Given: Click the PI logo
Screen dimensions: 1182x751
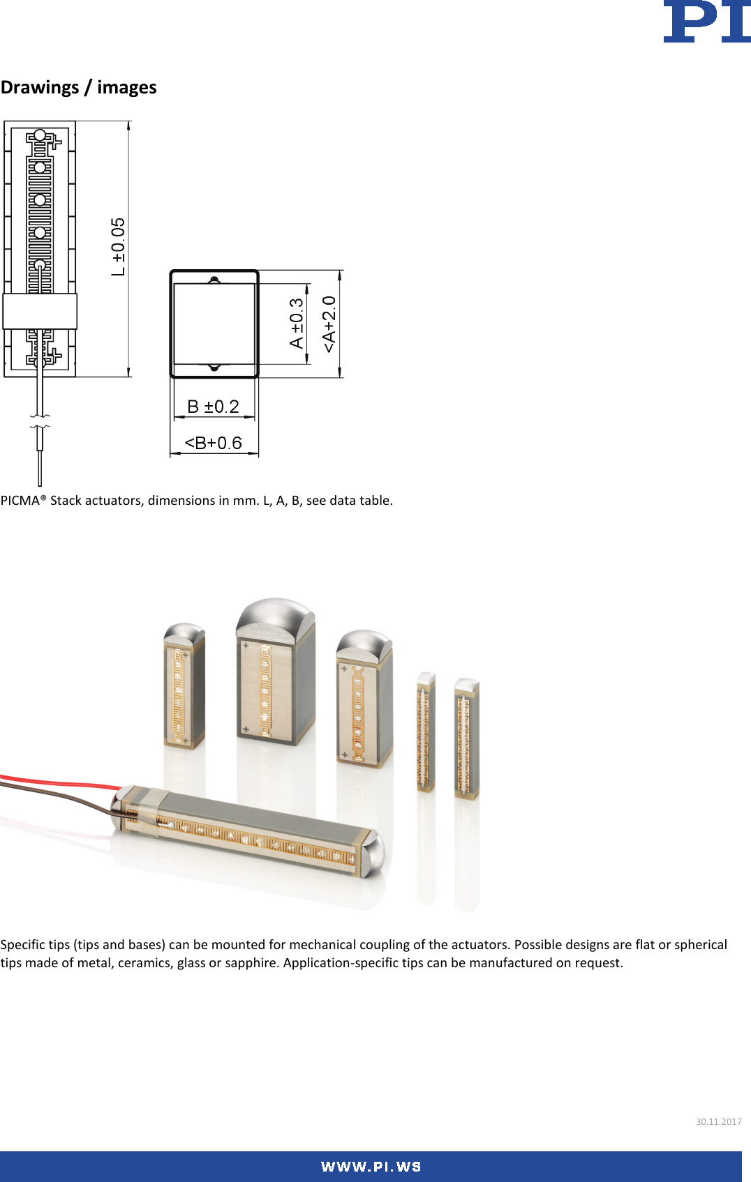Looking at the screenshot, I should pyautogui.click(x=706, y=22).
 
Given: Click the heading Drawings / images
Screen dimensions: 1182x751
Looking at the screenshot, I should pyautogui.click(x=79, y=87).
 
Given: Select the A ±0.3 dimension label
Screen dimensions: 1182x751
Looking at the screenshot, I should pyautogui.click(x=297, y=323).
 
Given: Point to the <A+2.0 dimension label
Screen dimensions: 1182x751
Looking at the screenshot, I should pyautogui.click(x=329, y=324).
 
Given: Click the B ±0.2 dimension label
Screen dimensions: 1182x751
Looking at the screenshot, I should pyautogui.click(x=214, y=407).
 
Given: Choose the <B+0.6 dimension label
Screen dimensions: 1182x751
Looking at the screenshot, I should pyautogui.click(x=213, y=443).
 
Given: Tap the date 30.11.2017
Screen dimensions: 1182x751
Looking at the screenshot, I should pyautogui.click(x=718, y=1122).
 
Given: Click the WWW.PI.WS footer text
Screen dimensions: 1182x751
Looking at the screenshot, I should pyautogui.click(x=371, y=1167).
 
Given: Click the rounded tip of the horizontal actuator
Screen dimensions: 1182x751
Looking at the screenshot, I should pyautogui.click(x=373, y=854).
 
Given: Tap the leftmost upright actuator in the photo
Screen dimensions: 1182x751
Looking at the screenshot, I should pyautogui.click(x=184, y=687).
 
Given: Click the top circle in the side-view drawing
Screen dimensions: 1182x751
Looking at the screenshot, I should pyautogui.click(x=40, y=135).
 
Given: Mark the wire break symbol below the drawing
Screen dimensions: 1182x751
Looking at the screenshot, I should pyautogui.click(x=40, y=420).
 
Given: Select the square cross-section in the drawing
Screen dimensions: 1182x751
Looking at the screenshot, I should pyautogui.click(x=214, y=324).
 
